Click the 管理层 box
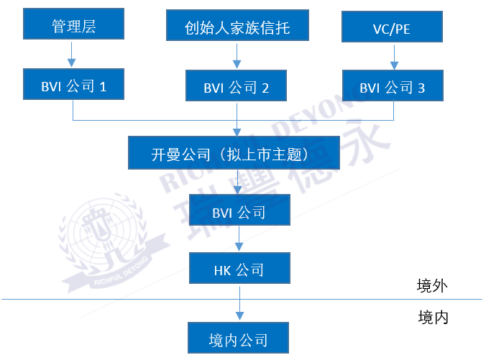[x=73, y=27]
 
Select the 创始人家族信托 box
[x=237, y=28]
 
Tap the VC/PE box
[x=392, y=29]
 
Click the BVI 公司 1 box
[x=73, y=86]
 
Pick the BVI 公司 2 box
[x=237, y=87]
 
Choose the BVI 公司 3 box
[x=393, y=87]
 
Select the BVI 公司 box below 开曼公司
[x=239, y=212]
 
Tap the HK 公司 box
[x=239, y=269]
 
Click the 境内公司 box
[x=239, y=339]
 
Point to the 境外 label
[x=433, y=286]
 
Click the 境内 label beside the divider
[x=433, y=317]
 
